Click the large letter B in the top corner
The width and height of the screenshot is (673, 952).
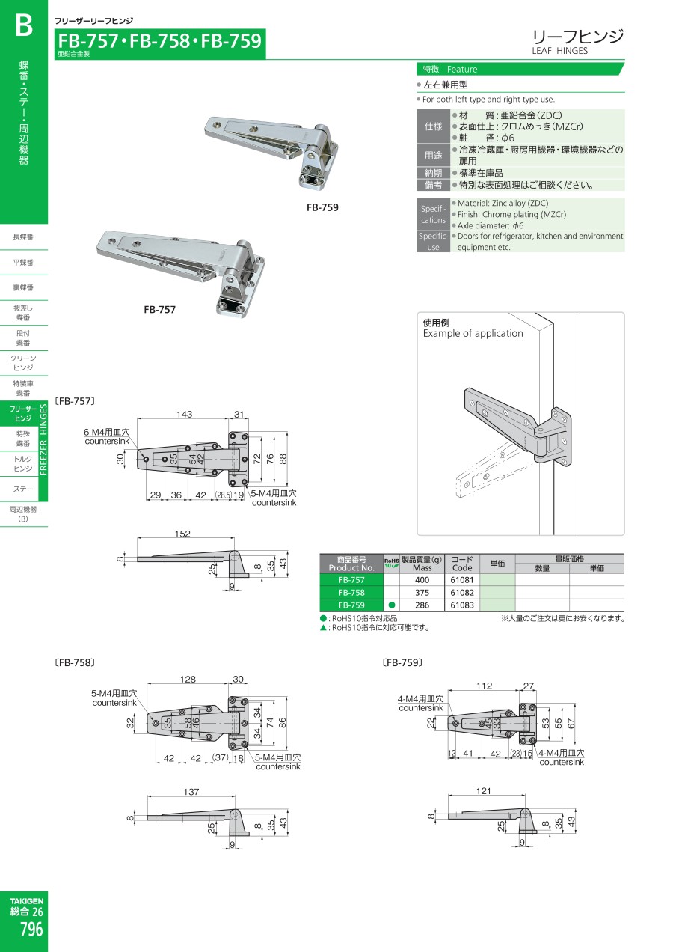(x=24, y=27)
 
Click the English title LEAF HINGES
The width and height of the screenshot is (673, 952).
(x=559, y=51)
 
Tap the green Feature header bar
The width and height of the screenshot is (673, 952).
(x=519, y=69)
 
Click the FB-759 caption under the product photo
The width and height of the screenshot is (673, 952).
(x=322, y=207)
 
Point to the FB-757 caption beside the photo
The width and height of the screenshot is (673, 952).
(x=160, y=308)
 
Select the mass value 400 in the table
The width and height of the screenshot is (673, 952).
(x=422, y=580)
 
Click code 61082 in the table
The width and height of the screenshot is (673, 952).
(x=463, y=593)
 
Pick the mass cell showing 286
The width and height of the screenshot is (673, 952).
(x=422, y=605)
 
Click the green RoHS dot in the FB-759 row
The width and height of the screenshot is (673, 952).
(x=391, y=605)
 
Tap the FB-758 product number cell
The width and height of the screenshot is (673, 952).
(x=351, y=593)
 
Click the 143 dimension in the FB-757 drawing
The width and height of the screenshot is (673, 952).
(x=184, y=415)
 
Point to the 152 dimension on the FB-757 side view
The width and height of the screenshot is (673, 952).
(x=182, y=534)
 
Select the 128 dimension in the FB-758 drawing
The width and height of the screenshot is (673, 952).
(x=188, y=679)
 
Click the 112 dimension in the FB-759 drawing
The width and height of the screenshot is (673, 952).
(x=485, y=686)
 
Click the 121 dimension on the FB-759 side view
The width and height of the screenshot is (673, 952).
(x=484, y=791)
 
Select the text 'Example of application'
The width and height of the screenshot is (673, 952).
(x=473, y=334)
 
